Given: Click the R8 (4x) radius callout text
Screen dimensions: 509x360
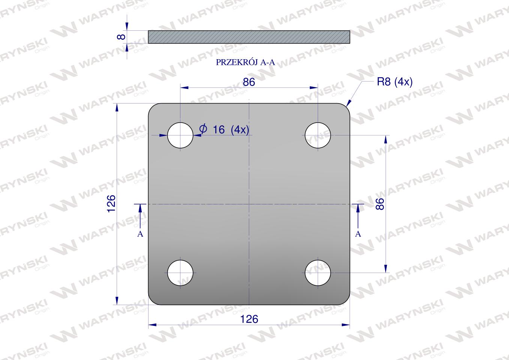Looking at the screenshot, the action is pyautogui.click(x=395, y=82).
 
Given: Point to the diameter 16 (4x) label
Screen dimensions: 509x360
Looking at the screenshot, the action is pyautogui.click(x=224, y=129).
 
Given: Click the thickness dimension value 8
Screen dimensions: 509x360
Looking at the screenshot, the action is pyautogui.click(x=122, y=37).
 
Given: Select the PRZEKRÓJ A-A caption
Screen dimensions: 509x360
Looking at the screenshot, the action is pyautogui.click(x=245, y=62).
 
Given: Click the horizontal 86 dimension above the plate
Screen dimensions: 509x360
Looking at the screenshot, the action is pyautogui.click(x=249, y=82).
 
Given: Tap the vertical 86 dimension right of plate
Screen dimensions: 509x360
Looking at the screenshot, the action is pyautogui.click(x=380, y=204).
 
